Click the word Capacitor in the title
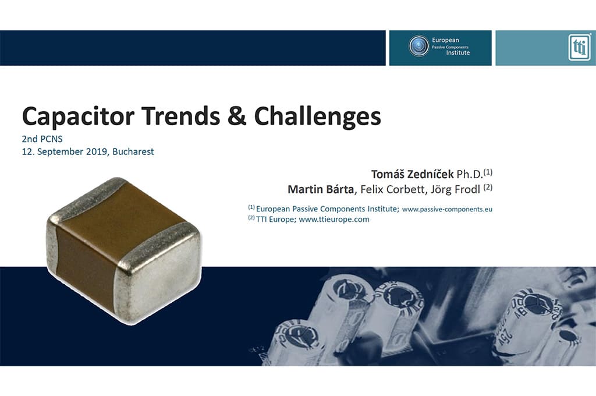pos(79,116)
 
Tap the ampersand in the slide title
pos(237,116)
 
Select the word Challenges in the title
pos(317,116)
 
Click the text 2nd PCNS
pos(42,139)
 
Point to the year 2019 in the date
pos(97,151)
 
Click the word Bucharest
pos(133,151)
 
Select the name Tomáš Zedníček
pos(412,174)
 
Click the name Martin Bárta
pos(321,189)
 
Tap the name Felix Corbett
pos(393,189)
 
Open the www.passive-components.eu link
pos(447,209)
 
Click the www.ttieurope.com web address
pos(334,220)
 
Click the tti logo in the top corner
pos(580,48)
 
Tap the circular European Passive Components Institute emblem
pos(419,45)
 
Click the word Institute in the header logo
pos(457,53)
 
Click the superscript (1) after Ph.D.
pos(488,172)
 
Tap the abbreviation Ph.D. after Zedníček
pos(470,174)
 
